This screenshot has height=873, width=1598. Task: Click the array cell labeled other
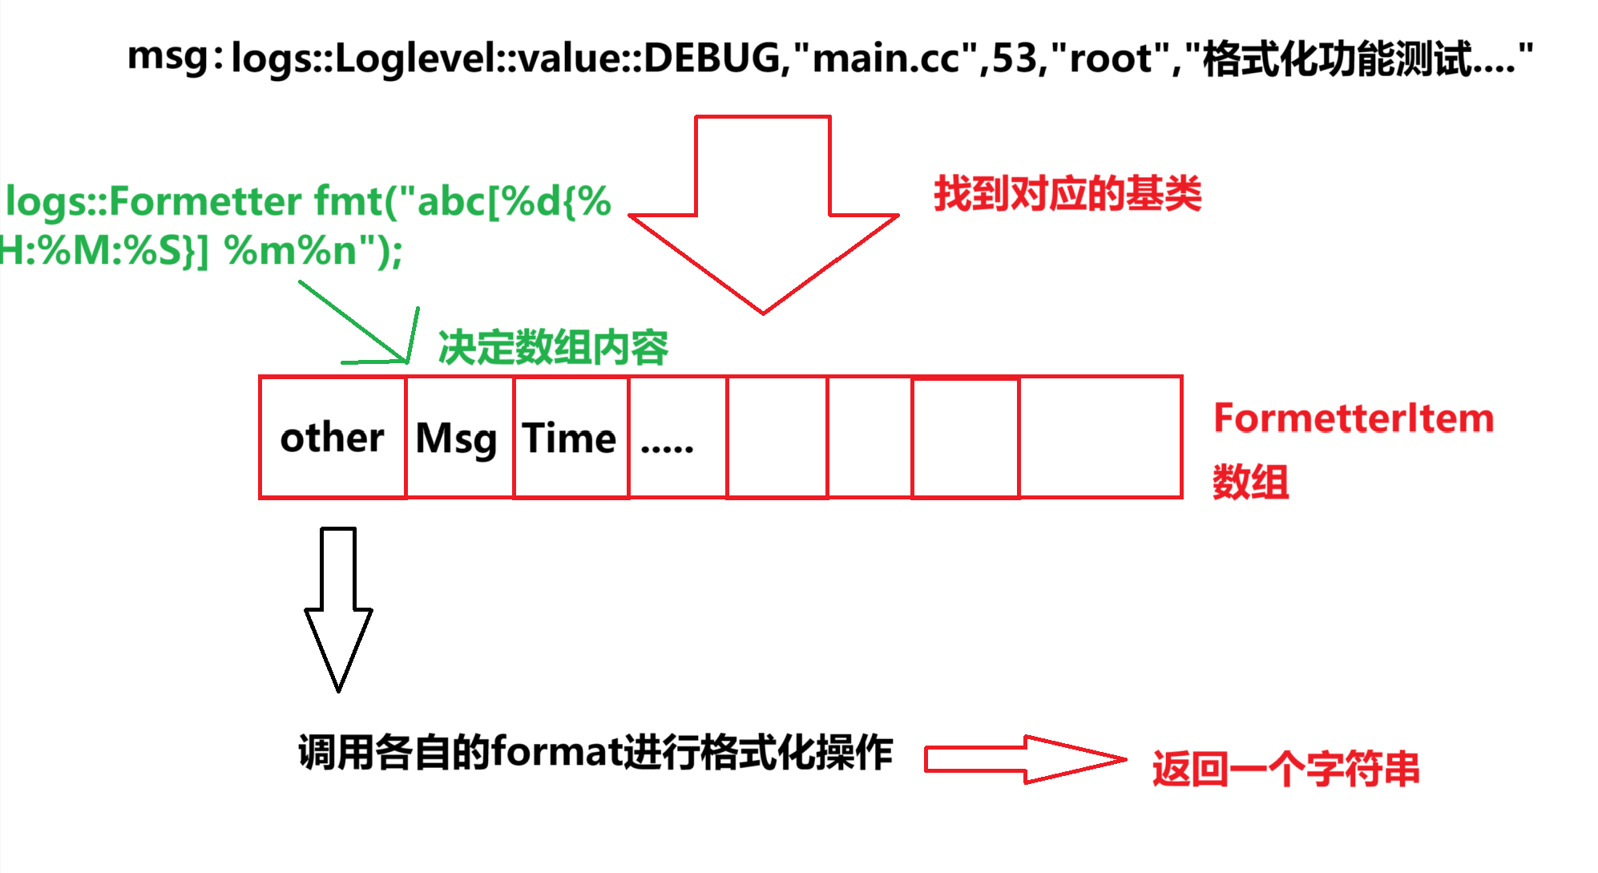[332, 438]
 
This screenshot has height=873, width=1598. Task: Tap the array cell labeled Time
[570, 438]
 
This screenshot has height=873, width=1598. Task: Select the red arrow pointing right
[1024, 759]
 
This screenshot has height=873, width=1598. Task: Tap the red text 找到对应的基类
[1067, 194]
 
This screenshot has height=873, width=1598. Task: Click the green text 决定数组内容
[553, 347]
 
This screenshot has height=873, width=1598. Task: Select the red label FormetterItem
[1353, 418]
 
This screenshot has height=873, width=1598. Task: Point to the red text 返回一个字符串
[1285, 769]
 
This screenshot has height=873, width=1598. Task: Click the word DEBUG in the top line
[711, 59]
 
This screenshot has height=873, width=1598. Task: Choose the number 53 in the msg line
[1015, 59]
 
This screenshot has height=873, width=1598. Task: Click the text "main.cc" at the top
[886, 59]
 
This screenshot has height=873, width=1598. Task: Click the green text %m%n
[291, 251]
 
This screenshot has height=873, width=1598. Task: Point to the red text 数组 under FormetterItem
[1250, 483]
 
